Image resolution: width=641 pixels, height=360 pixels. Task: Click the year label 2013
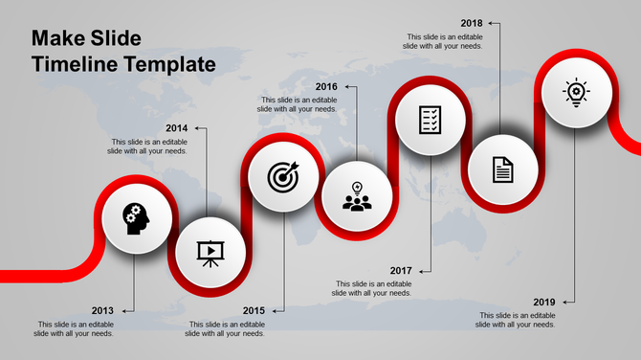102,310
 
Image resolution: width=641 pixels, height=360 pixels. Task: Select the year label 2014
176,128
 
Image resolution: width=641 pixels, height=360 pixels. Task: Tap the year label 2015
254,310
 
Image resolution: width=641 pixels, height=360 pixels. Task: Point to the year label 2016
327,86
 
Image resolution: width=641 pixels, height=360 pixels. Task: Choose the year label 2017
402,270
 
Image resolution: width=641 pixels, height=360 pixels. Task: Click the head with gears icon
136,217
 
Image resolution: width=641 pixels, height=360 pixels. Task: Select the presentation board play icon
210,252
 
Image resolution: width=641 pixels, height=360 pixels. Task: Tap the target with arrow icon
283,176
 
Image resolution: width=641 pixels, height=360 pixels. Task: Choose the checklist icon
431,120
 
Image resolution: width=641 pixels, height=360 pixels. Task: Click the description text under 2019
518,320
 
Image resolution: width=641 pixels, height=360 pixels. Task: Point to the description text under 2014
147,146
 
